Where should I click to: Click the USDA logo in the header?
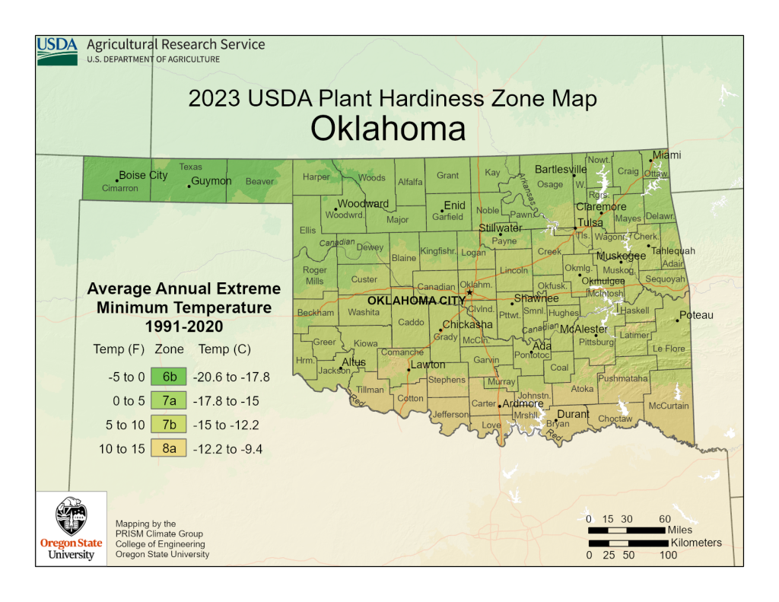point(57,50)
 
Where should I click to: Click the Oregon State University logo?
point(71,527)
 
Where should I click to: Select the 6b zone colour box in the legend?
point(169,376)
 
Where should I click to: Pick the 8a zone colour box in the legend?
point(169,449)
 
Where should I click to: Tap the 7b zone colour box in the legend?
point(169,425)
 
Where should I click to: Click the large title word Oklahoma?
point(388,129)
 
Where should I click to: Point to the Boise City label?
point(143,176)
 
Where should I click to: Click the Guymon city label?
point(211,181)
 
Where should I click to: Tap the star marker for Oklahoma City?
point(469,292)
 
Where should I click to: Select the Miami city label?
point(666,155)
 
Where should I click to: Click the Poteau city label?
point(696,315)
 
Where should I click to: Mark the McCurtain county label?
point(668,406)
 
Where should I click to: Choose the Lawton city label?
point(428,365)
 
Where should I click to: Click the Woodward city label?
point(363,204)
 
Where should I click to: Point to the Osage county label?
point(549,184)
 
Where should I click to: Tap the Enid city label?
point(454,205)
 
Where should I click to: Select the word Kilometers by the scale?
point(696,543)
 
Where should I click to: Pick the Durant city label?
point(574,414)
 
